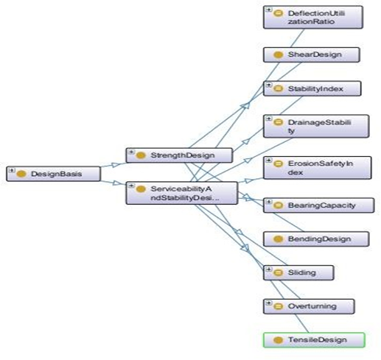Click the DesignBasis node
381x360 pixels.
pos(53,174)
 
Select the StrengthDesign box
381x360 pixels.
pos(179,155)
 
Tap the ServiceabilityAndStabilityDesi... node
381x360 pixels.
pos(182,193)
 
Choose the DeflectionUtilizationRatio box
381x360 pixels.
pos(313,18)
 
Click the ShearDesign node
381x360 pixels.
pos(312,54)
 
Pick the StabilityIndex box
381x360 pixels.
pos(312,88)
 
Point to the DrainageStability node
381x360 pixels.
pos(316,126)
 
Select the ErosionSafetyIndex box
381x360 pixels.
pos(318,168)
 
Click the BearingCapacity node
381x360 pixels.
pos(319,205)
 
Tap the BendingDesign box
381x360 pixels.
pos(316,239)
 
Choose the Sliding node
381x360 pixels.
pos(298,272)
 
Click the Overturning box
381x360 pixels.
pos(309,306)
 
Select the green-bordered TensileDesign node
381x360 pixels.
pos(314,340)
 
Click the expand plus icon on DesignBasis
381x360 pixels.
pos(11,170)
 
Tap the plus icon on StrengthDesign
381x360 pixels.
pos(131,152)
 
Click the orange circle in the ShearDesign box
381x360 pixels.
pos(278,54)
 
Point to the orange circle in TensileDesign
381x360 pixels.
pos(278,340)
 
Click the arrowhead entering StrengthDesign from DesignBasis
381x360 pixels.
pos(116,164)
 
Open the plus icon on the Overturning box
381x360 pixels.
pos(268,303)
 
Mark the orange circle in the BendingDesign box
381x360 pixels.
pos(278,239)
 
